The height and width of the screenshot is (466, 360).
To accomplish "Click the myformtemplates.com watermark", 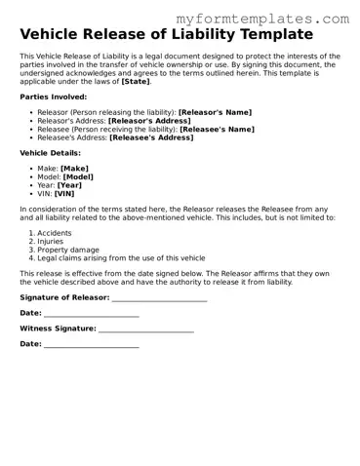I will (262, 19).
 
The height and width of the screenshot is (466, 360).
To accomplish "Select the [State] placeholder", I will (136, 82).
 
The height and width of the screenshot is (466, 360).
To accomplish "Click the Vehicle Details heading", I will (50, 153).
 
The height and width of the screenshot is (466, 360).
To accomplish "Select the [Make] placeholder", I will (74, 168).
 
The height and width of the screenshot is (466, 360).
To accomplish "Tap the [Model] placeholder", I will (78, 176).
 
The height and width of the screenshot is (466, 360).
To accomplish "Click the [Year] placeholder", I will (69, 185).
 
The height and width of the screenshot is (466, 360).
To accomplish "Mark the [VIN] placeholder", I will (64, 194).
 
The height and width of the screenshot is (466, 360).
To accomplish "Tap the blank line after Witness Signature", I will (146, 329).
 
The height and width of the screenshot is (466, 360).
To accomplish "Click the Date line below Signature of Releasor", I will (92, 313).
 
